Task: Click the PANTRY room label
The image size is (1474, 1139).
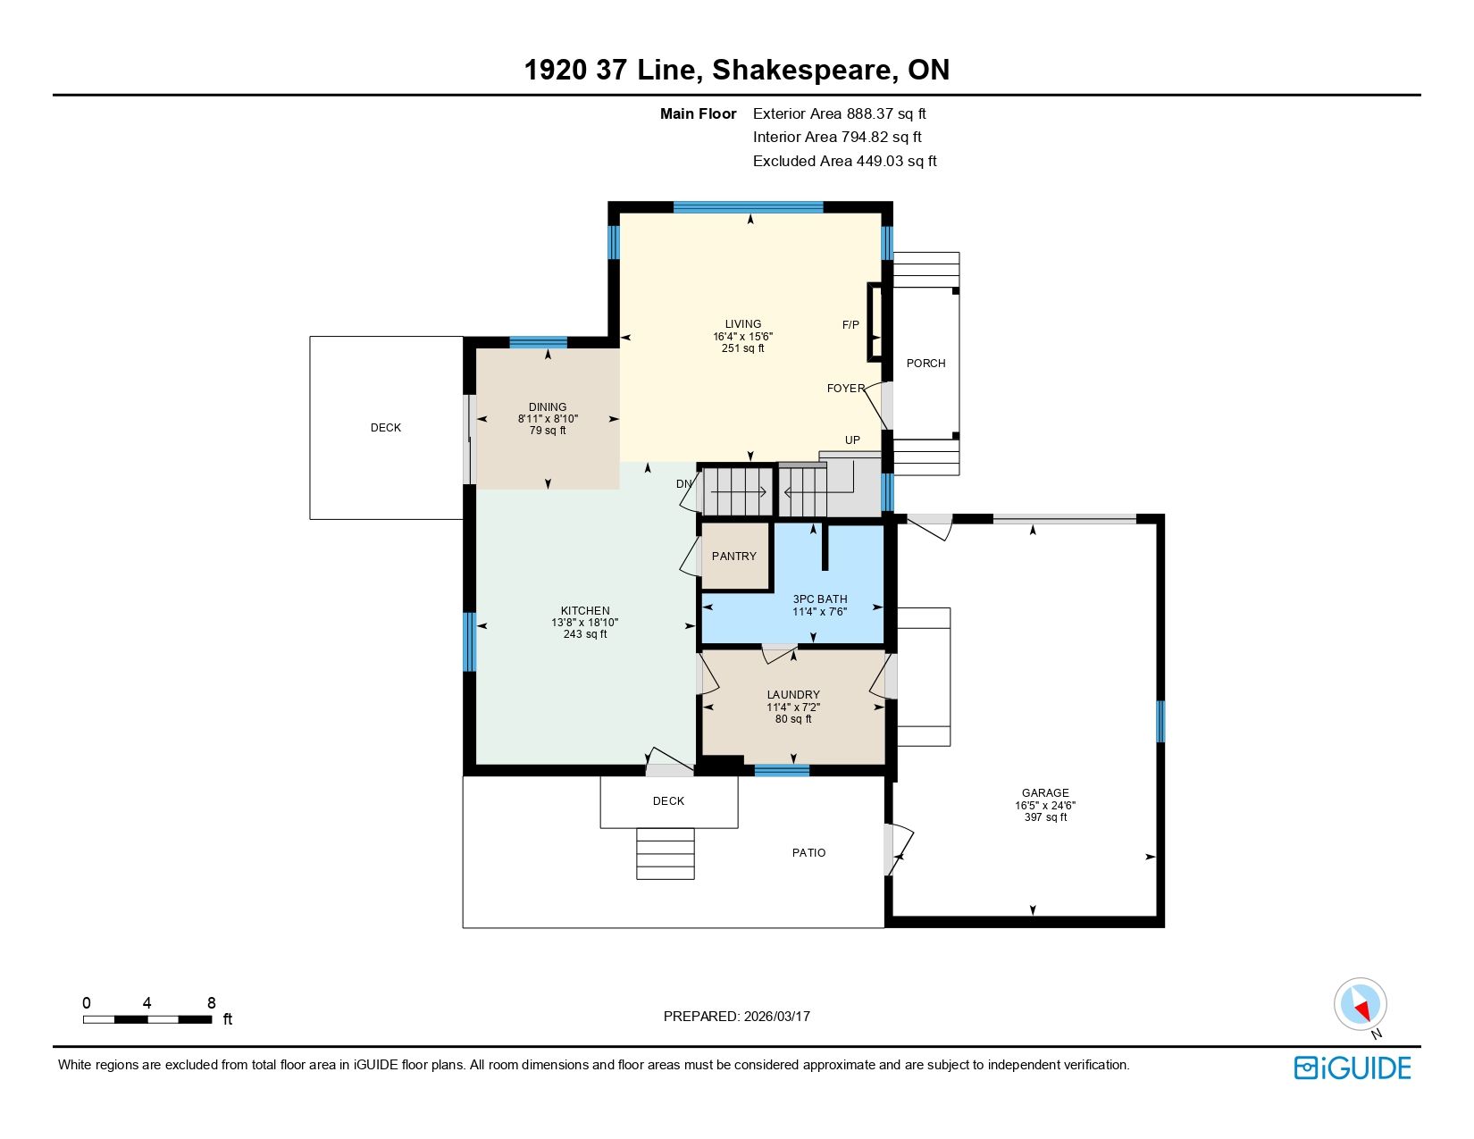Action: [734, 557]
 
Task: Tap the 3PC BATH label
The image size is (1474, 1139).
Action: [820, 599]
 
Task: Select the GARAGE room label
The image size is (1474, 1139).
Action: [1045, 793]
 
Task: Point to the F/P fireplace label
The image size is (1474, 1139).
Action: [850, 325]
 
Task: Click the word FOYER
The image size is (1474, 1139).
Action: [846, 388]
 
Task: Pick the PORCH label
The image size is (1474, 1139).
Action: [925, 364]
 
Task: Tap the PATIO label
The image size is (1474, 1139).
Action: [809, 853]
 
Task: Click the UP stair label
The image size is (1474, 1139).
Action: [852, 440]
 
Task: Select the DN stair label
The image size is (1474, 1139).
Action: [683, 484]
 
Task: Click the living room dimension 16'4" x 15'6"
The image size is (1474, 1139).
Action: [742, 337]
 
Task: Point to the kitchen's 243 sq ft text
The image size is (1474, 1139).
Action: [585, 634]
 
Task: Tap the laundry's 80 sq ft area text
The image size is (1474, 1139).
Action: [793, 719]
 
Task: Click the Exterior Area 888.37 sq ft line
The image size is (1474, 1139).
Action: [839, 114]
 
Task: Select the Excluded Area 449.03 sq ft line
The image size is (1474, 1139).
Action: [844, 162]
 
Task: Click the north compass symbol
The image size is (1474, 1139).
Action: [1360, 1005]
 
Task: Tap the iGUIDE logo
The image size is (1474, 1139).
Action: [1353, 1068]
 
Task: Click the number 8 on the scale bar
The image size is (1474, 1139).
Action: [212, 1003]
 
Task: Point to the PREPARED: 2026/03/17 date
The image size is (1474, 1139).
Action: [737, 1017]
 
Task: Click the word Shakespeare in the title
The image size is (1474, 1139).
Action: [802, 71]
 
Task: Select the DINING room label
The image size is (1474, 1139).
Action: [548, 407]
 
